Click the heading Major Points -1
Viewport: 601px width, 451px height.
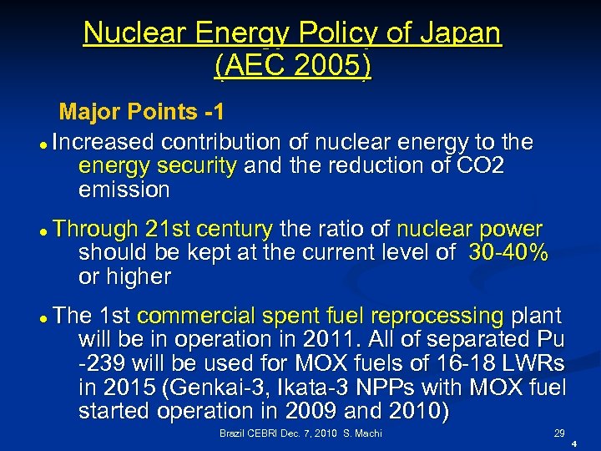tap(141, 112)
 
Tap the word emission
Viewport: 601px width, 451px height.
tap(124, 190)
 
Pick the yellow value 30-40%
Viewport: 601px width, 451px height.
tap(508, 253)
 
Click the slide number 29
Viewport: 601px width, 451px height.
tap(558, 433)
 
